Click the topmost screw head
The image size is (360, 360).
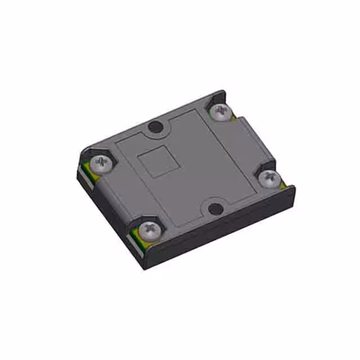click(x=220, y=111)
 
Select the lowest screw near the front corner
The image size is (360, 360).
click(x=149, y=229)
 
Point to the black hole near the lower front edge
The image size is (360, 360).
click(x=215, y=209)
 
